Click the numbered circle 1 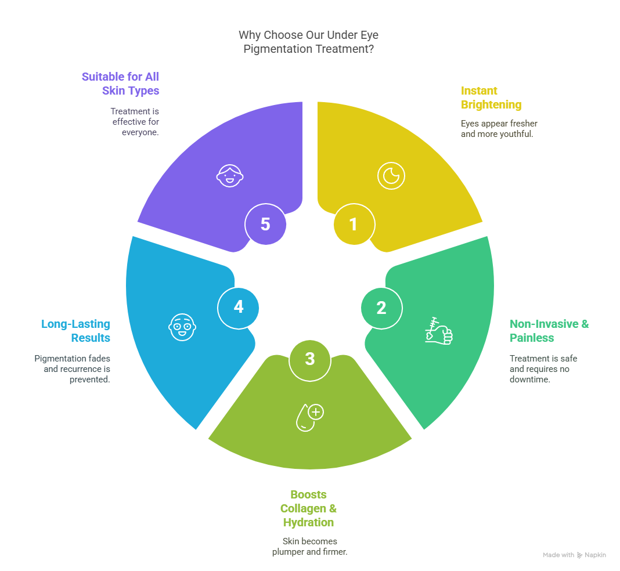[x=354, y=224]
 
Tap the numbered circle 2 [x=381, y=308]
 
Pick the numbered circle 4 [x=238, y=308]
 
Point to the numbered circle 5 [x=265, y=224]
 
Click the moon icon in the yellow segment [x=391, y=176]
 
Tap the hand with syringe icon [x=439, y=331]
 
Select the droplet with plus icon [x=310, y=417]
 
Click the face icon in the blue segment [x=182, y=327]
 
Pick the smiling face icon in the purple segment [x=230, y=176]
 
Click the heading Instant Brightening [x=491, y=97]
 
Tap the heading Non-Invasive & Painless [x=549, y=331]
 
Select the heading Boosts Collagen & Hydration [x=308, y=508]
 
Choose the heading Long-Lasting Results [x=75, y=331]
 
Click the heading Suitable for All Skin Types [x=120, y=84]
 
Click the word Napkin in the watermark [x=595, y=555]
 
